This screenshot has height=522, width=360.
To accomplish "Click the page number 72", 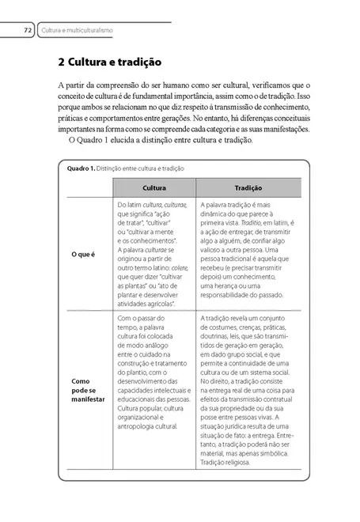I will (x=27, y=30).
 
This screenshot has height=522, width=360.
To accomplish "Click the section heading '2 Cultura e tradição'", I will (x=110, y=60).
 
